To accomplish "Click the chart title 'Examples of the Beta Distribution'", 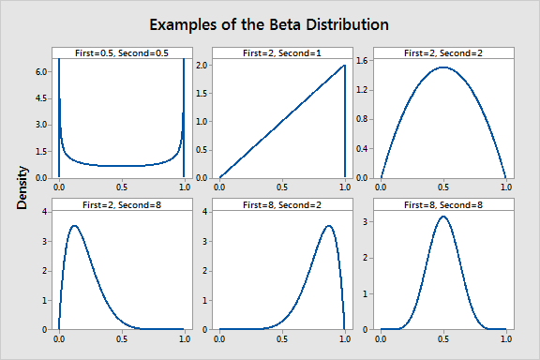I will [269, 22].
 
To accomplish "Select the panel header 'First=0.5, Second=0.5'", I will [121, 52].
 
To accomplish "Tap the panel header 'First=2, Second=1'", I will [281, 52].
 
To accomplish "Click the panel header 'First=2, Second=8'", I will [121, 203].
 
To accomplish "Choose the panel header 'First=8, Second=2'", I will [281, 203].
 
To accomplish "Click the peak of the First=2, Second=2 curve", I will [442, 67].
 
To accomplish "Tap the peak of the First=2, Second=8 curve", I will [74, 226].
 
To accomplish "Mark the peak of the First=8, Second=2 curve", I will [328, 226].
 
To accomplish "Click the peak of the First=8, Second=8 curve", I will [442, 217].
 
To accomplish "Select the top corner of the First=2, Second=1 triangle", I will [345, 66].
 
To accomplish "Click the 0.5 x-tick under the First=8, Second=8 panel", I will [442, 338].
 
